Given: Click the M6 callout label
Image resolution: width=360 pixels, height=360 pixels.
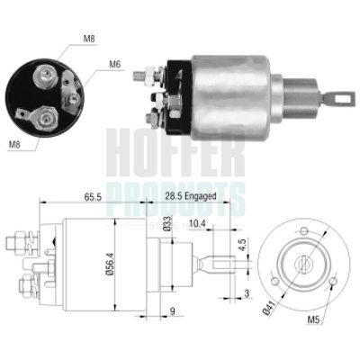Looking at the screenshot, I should click(115, 63).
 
